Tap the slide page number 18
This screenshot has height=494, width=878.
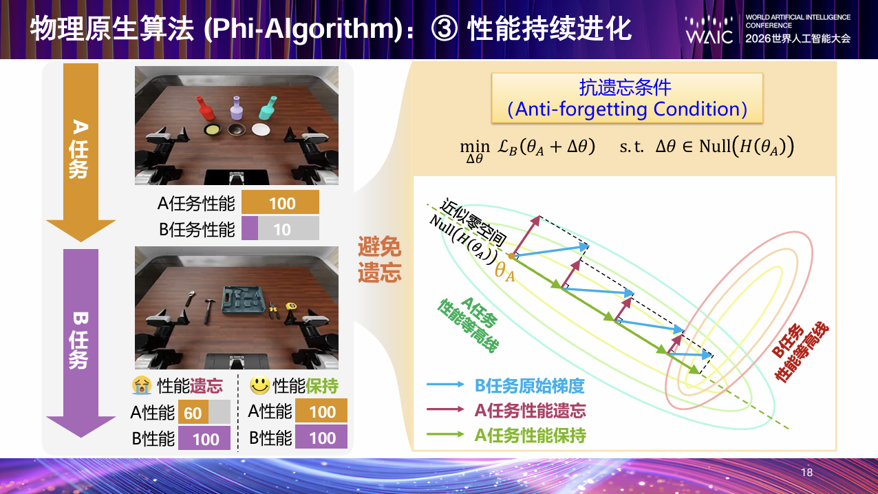[806, 473]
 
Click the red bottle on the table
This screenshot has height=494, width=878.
[205, 108]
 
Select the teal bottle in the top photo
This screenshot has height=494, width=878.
[268, 107]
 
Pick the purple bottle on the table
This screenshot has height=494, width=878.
[236, 108]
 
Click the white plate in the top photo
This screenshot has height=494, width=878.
[261, 129]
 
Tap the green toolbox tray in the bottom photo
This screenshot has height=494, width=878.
[242, 301]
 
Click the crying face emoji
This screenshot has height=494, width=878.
[142, 385]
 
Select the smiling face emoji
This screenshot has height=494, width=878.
[259, 385]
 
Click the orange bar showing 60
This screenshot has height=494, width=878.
[193, 411]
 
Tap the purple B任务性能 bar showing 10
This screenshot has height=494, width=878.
[250, 228]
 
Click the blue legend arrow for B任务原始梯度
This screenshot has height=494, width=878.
[445, 384]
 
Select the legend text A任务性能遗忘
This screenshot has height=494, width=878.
[530, 411]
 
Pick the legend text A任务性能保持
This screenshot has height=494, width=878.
[530, 436]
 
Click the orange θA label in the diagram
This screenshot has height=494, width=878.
[504, 271]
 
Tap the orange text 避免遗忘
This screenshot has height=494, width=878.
[379, 259]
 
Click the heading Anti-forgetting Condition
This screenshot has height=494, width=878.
[627, 109]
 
